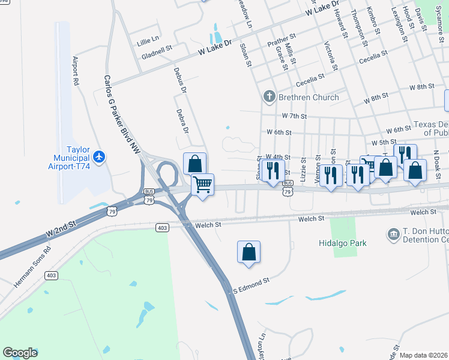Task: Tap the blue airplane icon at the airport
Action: tap(99, 157)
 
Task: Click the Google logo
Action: tap(20, 353)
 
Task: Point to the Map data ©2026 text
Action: tap(423, 355)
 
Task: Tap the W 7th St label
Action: tap(295, 116)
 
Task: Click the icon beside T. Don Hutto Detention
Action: tap(394, 233)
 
